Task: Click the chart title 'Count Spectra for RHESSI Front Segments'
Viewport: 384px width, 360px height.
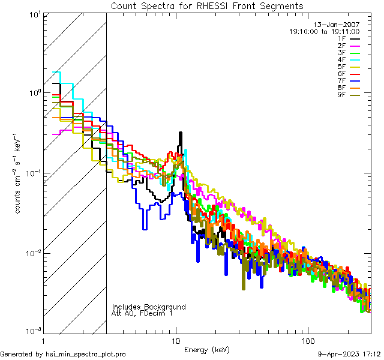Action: click(x=207, y=5)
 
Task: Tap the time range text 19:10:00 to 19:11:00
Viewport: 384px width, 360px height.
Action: click(x=324, y=32)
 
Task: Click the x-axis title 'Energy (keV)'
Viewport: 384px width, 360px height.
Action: click(x=206, y=350)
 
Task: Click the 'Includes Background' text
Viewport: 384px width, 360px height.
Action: click(x=149, y=307)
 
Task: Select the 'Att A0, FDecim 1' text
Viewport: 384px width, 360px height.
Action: click(x=142, y=313)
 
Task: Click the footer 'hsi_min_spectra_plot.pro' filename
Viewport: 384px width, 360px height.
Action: click(x=86, y=355)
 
